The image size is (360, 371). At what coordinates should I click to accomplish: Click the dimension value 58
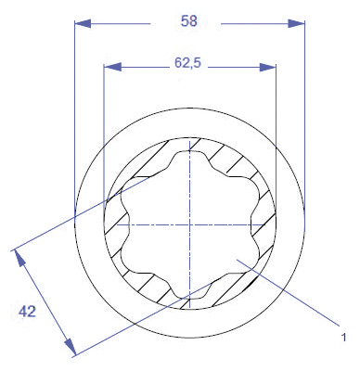click(x=189, y=21)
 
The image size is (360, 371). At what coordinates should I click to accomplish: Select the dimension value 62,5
click(x=187, y=63)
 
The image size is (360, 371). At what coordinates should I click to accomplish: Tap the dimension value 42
click(x=27, y=312)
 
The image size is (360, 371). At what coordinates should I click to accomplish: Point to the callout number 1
click(x=343, y=337)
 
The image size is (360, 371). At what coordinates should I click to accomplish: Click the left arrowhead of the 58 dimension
click(x=83, y=23)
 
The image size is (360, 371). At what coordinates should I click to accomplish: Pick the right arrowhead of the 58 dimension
click(x=296, y=23)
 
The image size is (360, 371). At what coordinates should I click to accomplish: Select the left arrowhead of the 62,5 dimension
click(x=112, y=67)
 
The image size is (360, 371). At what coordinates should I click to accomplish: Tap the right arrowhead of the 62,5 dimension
click(x=267, y=67)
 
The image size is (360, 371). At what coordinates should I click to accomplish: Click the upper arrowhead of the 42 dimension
click(x=19, y=259)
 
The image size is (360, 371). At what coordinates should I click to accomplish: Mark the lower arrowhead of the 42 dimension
click(x=70, y=347)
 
